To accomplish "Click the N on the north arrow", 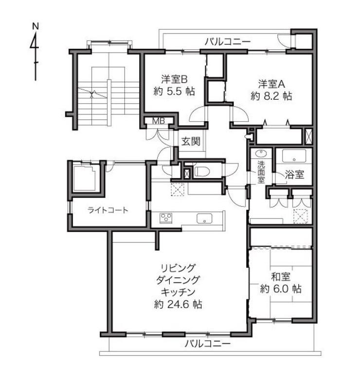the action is [x=36, y=26].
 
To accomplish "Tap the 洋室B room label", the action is [x=174, y=79].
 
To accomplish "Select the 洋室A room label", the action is [x=271, y=84].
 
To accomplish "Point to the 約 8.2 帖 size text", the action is [x=271, y=96].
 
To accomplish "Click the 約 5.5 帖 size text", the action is [x=174, y=92].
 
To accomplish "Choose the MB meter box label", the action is [x=159, y=121].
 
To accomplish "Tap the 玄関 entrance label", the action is [x=191, y=142].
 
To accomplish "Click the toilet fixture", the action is [x=201, y=171].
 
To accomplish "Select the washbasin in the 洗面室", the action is [x=261, y=154].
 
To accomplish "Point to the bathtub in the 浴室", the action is [x=294, y=156].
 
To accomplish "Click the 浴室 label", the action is [x=294, y=174].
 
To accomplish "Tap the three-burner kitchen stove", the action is [x=166, y=218].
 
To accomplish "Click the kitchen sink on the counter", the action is [x=204, y=219].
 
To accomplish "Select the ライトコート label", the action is [x=108, y=210].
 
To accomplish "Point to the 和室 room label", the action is [x=281, y=277].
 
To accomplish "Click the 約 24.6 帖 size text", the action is [x=178, y=305].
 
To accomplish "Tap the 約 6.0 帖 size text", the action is [x=281, y=289].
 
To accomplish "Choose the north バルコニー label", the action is [x=228, y=42].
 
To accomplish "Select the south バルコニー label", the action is [x=208, y=344].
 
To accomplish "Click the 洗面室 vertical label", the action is [x=261, y=172].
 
